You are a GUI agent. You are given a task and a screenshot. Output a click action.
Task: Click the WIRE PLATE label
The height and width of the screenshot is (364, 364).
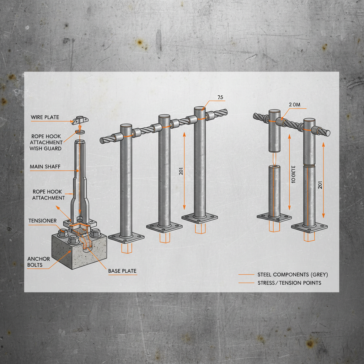(x=45, y=117)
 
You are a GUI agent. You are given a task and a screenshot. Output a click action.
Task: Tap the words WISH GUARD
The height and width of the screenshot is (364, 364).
(x=45, y=148)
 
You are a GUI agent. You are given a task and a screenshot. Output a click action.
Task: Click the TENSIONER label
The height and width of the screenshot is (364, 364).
(x=42, y=221)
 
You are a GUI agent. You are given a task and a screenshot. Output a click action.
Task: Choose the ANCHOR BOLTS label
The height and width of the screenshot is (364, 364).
(x=39, y=262)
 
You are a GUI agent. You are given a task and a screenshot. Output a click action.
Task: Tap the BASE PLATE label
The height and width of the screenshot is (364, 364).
(x=122, y=271)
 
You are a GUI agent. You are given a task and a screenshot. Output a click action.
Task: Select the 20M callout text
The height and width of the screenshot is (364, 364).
(x=295, y=105)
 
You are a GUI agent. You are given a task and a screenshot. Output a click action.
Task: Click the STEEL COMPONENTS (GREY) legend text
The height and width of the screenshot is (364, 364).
(x=293, y=274)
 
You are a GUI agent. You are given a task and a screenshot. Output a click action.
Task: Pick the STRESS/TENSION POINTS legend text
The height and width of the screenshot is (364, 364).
(x=289, y=283)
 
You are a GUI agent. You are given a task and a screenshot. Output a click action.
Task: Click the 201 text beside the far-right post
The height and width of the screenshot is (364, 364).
(x=320, y=184)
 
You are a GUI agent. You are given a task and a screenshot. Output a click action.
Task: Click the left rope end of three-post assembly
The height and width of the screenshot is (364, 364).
(x=103, y=140)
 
